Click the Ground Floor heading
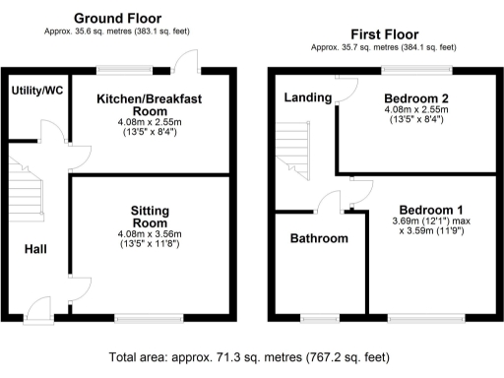coord(118,18)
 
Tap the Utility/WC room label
coord(37,91)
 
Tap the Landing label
coord(308,97)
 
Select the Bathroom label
coord(318,238)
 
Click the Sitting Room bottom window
coord(149,317)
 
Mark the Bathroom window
coord(318,317)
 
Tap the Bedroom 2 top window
coord(416,69)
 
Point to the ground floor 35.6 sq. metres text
coord(118,31)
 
